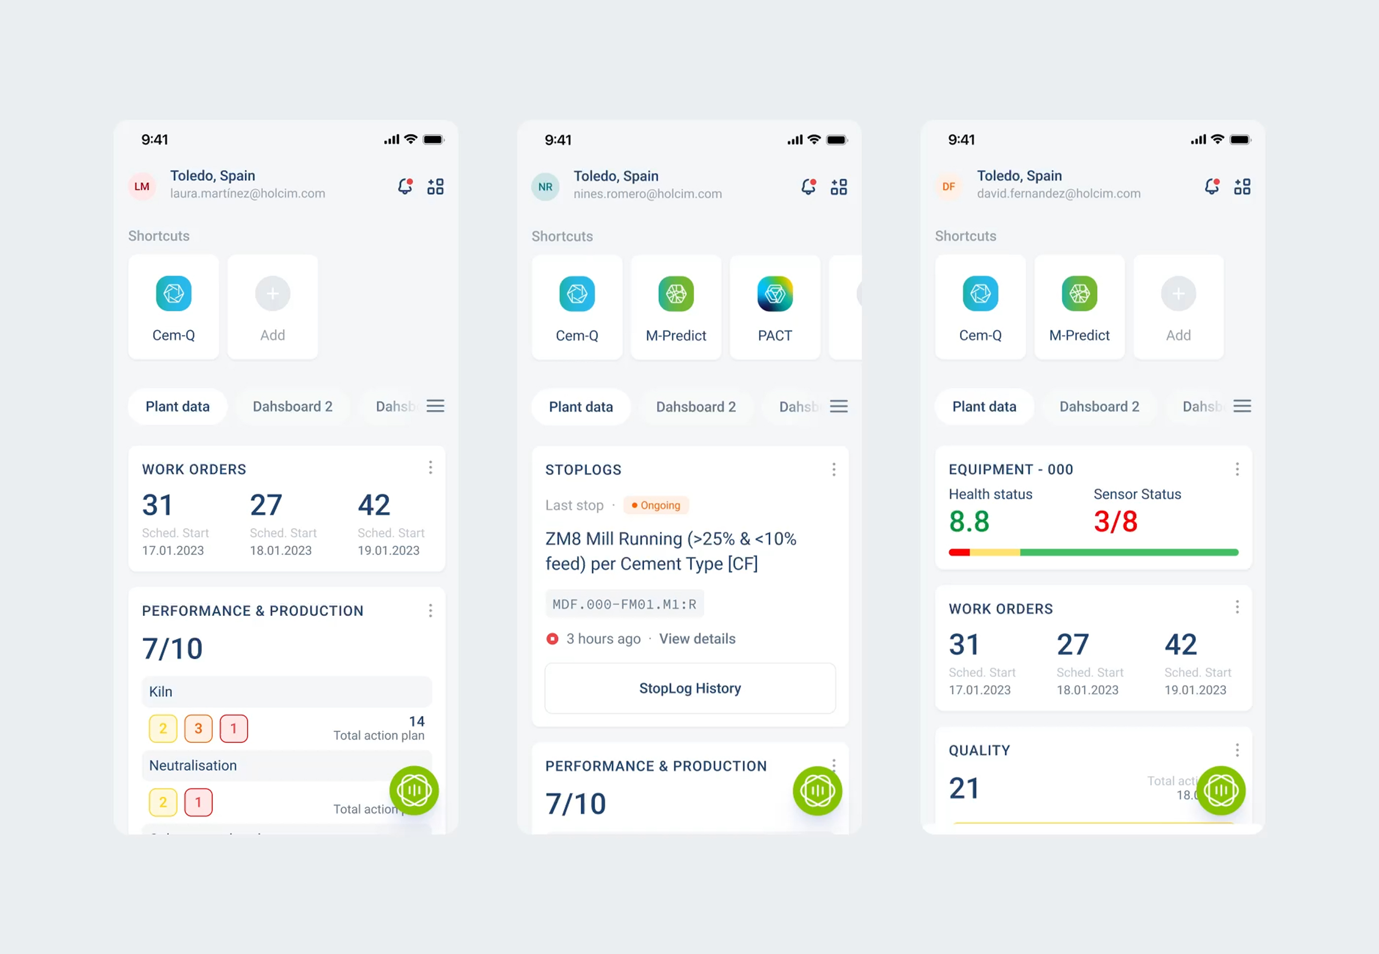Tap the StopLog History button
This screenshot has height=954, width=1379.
[689, 688]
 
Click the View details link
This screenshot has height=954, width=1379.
[697, 639]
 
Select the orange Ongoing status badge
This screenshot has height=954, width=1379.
[656, 505]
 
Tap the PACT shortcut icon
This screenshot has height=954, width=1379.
[774, 294]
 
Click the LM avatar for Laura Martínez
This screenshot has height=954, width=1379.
[142, 186]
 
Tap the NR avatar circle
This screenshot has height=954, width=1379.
[545, 187]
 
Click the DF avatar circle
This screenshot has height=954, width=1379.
[948, 186]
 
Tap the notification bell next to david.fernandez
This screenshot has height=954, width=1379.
[1211, 186]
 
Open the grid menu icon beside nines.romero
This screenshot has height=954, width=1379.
[838, 187]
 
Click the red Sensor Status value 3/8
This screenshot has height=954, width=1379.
[1115, 521]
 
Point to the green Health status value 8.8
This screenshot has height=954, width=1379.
[969, 521]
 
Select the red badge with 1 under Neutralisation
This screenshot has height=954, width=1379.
[198, 802]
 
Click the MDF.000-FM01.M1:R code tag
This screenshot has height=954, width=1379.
[624, 604]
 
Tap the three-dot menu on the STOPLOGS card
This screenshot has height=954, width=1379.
[833, 469]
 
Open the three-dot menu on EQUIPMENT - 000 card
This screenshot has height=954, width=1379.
[1237, 469]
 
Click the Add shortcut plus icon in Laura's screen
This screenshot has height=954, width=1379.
[272, 294]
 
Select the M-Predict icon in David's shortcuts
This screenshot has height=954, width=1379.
[1079, 294]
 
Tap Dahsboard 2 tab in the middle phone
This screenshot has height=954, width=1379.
[695, 407]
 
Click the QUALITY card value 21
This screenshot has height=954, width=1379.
[964, 788]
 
